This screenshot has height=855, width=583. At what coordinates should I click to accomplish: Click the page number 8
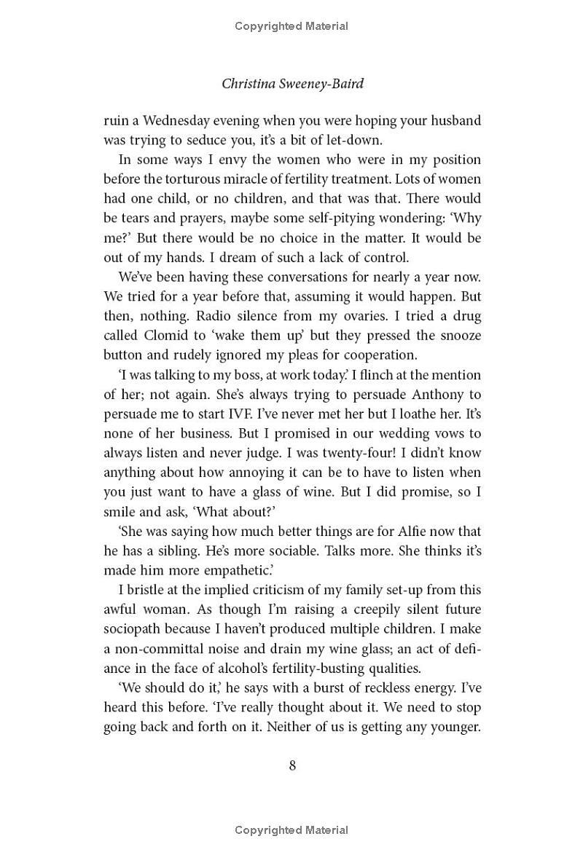coord(292,765)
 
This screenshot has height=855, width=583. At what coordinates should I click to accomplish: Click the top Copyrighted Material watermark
coord(291,26)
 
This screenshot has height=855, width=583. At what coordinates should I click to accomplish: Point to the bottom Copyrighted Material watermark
coord(291,830)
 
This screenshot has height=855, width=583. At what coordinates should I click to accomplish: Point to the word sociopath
coord(134,629)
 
